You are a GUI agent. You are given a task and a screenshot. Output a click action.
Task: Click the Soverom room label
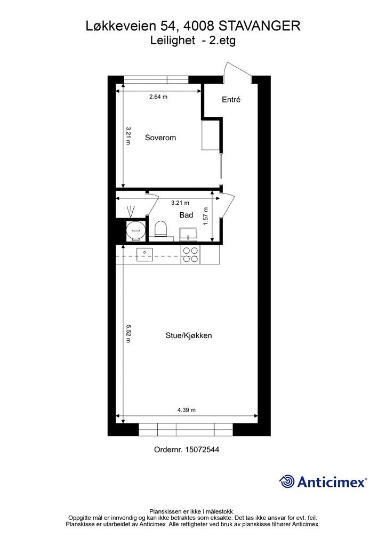160,138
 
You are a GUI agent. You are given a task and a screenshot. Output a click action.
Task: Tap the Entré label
231,100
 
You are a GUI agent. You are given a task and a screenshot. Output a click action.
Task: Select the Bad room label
186,215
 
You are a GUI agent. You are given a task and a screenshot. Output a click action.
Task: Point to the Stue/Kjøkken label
189,335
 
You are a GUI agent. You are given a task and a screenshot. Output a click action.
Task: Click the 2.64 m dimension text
158,97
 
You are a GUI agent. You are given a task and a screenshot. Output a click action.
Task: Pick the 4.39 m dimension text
186,410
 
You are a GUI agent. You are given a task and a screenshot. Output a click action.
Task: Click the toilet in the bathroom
160,229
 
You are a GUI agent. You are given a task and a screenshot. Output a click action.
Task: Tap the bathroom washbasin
188,233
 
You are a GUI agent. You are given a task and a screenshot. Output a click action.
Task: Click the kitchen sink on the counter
144,252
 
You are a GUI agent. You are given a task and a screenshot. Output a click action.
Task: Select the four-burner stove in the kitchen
190,255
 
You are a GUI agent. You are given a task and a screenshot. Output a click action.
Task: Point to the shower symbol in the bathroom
131,211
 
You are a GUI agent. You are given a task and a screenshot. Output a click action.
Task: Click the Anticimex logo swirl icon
287,481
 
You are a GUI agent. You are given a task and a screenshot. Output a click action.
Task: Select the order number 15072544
201,449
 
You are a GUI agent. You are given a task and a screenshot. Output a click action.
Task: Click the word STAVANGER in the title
260,25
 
